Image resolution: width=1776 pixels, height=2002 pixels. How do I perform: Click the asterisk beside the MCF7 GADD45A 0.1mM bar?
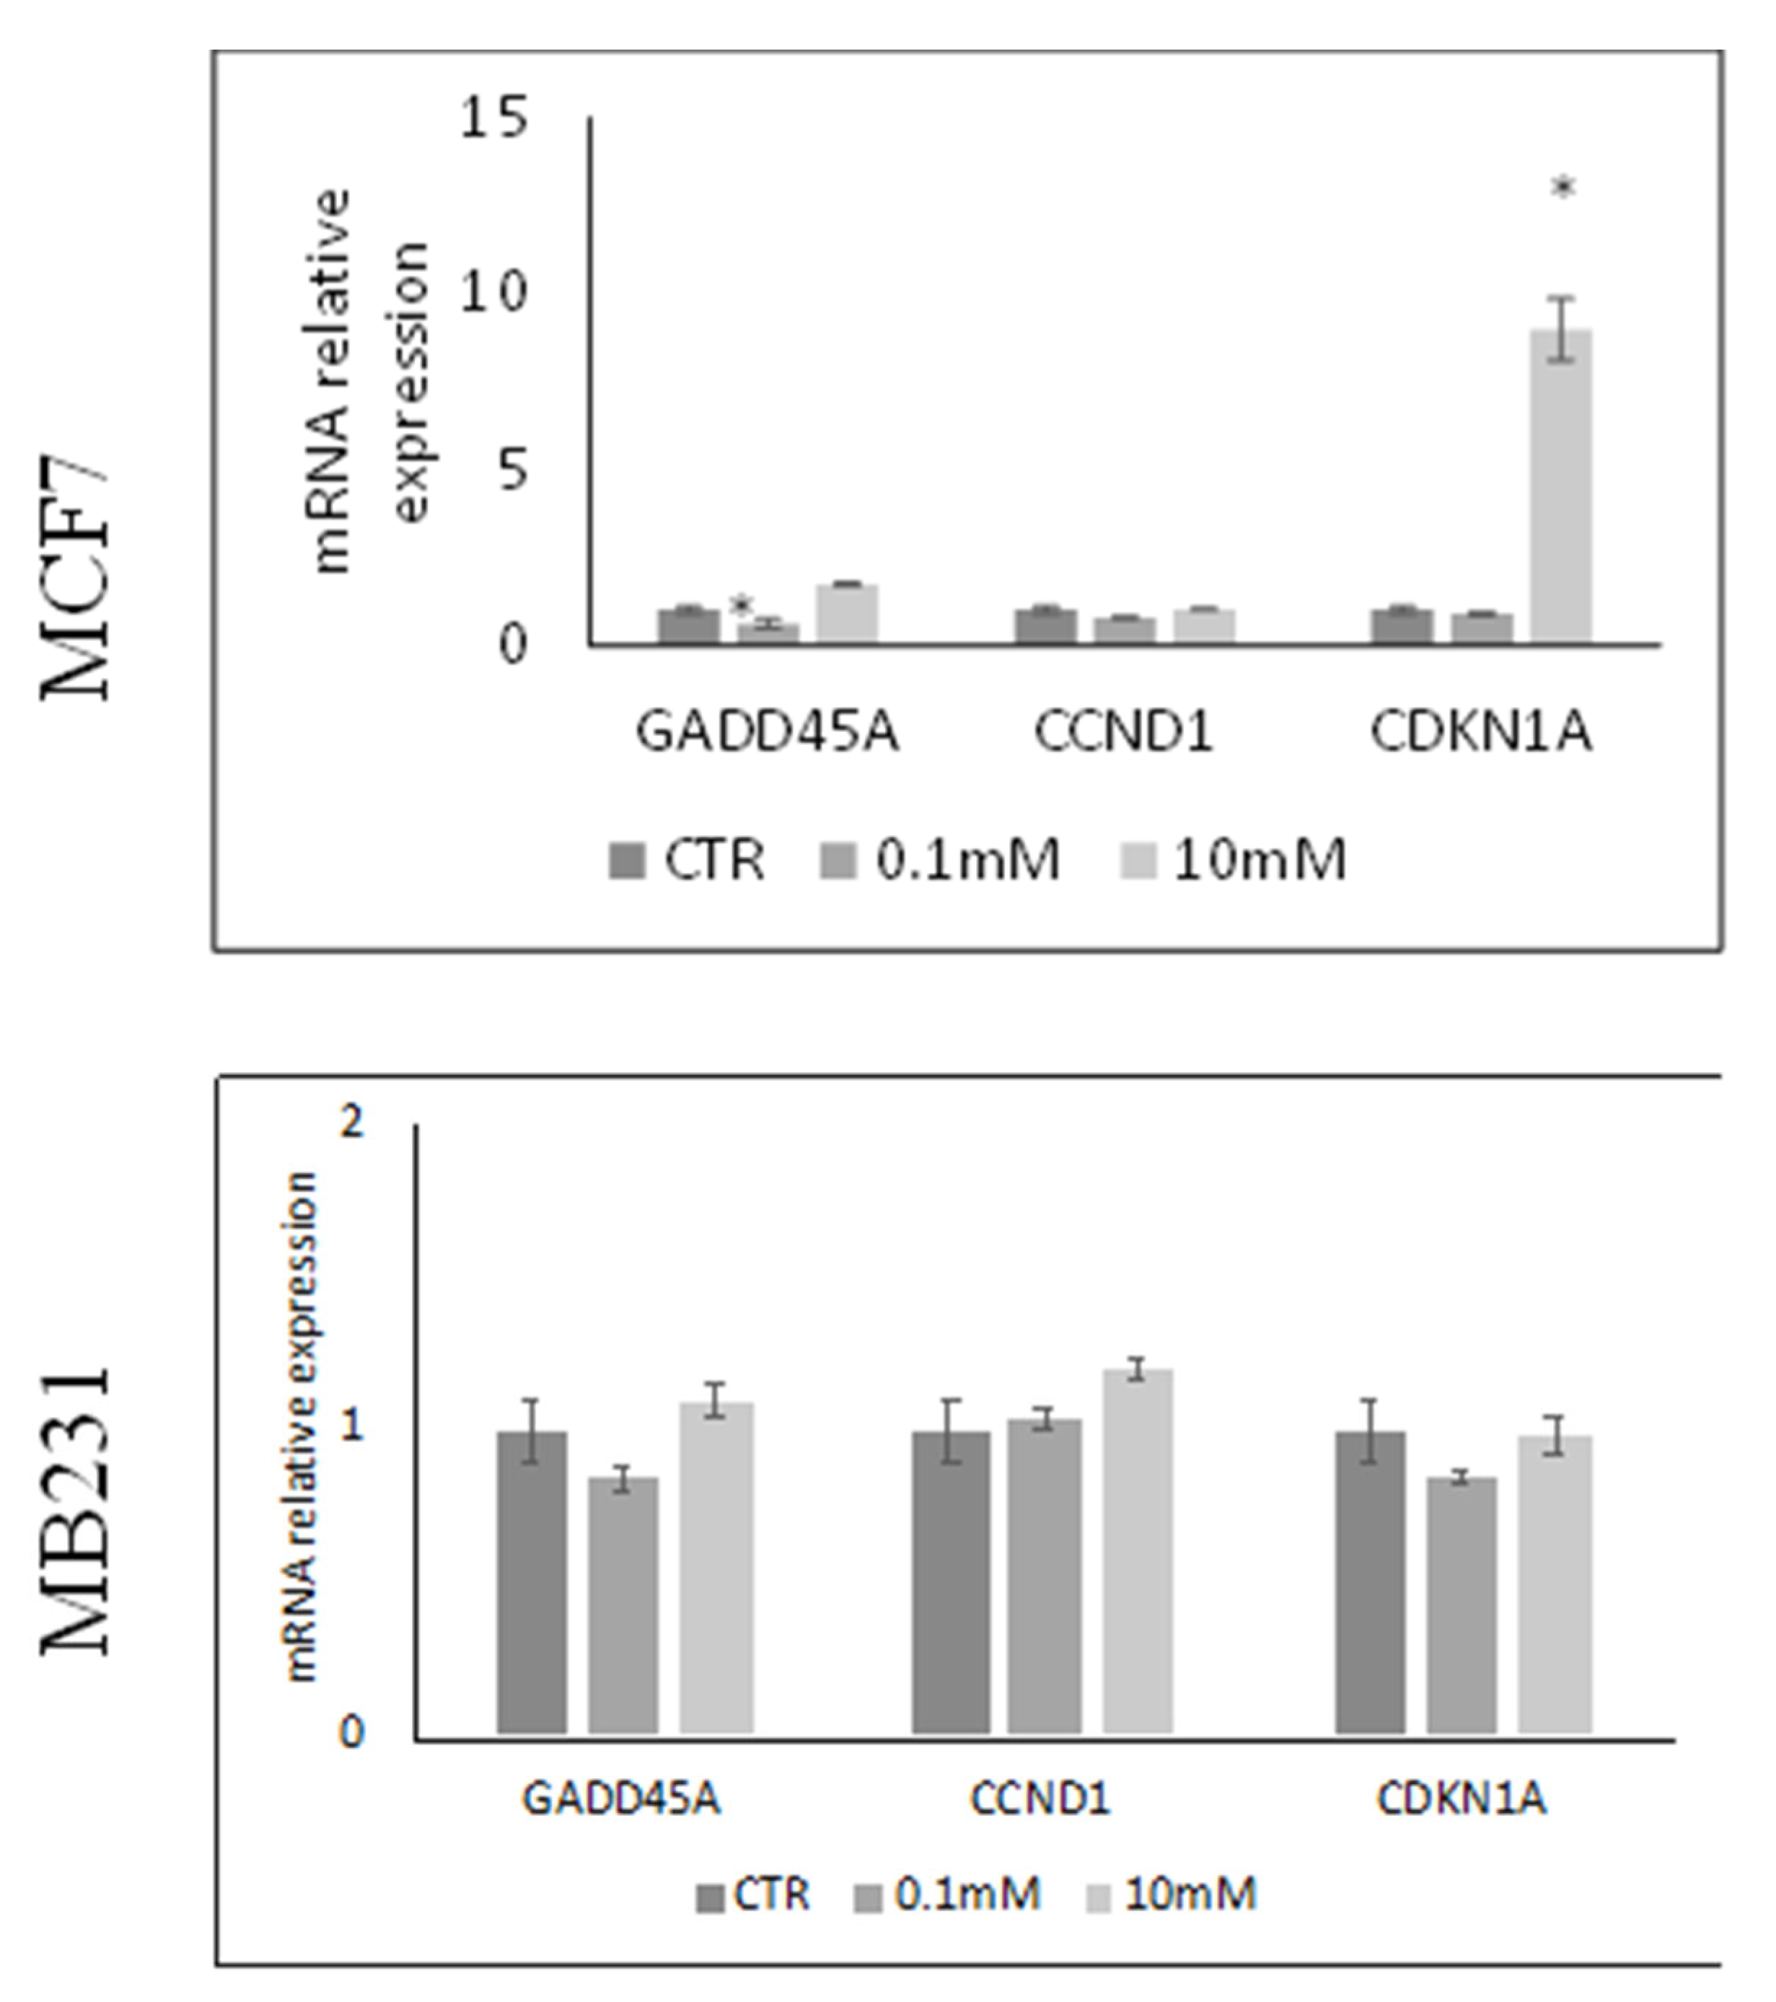pos(742,605)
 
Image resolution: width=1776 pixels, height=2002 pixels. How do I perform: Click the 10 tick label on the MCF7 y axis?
pos(493,292)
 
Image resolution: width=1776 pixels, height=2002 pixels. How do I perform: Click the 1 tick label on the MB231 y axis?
pos(351,1427)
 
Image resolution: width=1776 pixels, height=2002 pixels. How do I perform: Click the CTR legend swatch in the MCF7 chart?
pos(627,861)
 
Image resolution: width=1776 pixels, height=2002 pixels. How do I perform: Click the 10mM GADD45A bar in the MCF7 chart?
pos(848,614)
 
